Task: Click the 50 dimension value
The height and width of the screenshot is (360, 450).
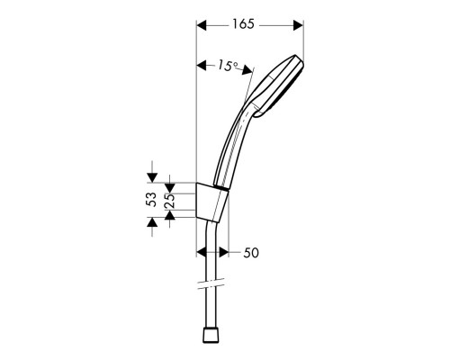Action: click(251, 254)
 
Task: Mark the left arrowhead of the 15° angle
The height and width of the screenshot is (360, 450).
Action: click(200, 64)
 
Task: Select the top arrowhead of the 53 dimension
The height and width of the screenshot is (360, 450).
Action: click(151, 176)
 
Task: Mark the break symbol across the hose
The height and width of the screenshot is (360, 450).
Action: click(212, 286)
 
